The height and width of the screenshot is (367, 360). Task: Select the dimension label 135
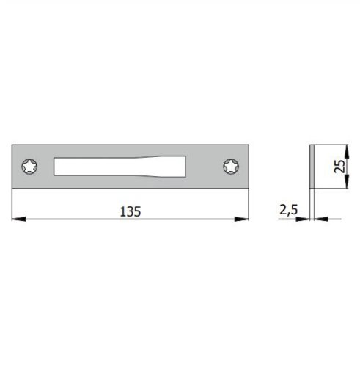point(129,211)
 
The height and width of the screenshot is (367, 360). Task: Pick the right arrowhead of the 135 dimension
point(244,219)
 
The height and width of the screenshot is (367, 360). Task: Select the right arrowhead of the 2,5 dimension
point(318,219)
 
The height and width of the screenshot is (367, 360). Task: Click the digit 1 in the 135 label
point(122,211)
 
